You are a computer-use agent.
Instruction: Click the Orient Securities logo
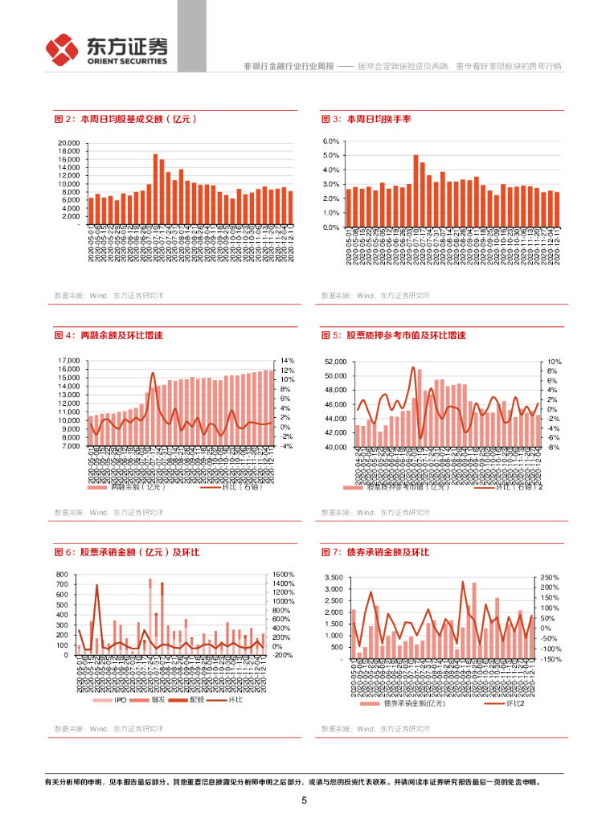pyautogui.click(x=107, y=51)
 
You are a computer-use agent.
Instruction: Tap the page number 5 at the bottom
pyautogui.click(x=304, y=800)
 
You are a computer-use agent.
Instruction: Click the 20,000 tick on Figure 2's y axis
pyautogui.click(x=68, y=144)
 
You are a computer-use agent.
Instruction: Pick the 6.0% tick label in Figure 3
pyautogui.click(x=333, y=141)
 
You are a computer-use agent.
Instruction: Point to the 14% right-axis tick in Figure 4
pyautogui.click(x=286, y=361)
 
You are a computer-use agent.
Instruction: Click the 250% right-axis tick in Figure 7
pyautogui.click(x=551, y=578)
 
